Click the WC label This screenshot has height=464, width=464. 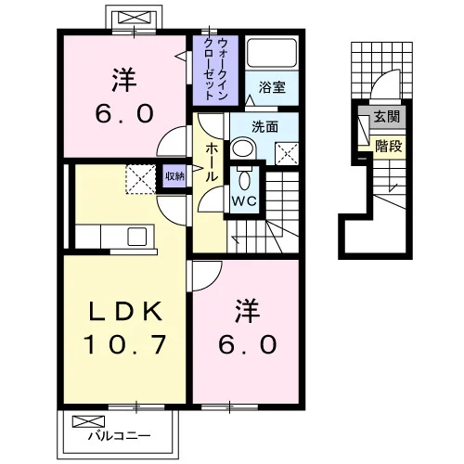(x=244, y=201)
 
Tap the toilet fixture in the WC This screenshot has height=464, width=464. (x=244, y=178)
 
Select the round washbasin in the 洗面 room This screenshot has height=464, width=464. (x=243, y=149)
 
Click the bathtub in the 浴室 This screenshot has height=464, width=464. (x=272, y=53)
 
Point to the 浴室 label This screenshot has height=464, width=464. (x=272, y=87)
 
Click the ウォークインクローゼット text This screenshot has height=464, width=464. (x=215, y=69)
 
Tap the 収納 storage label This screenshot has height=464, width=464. (x=174, y=176)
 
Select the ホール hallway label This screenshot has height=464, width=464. (x=212, y=162)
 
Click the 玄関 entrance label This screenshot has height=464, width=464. (x=387, y=117)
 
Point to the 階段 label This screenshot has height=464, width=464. (x=389, y=146)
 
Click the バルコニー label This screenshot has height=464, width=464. (x=119, y=436)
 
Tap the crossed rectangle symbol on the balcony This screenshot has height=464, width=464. (x=88, y=421)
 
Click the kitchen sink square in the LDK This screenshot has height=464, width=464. (x=137, y=237)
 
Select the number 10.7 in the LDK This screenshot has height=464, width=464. (x=125, y=345)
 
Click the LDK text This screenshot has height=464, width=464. (x=125, y=311)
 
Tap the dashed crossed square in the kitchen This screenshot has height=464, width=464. (x=141, y=179)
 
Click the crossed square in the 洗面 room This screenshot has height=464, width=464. (x=287, y=154)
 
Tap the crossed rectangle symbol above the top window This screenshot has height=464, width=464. (x=134, y=18)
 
